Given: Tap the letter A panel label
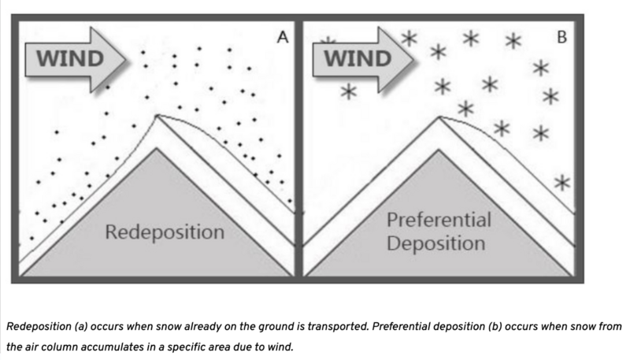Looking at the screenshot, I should click(280, 36).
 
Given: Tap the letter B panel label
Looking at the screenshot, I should click(561, 36).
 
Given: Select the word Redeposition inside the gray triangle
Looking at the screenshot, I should click(165, 232).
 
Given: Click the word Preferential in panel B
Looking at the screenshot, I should click(439, 219).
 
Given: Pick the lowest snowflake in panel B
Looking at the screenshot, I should click(561, 183).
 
